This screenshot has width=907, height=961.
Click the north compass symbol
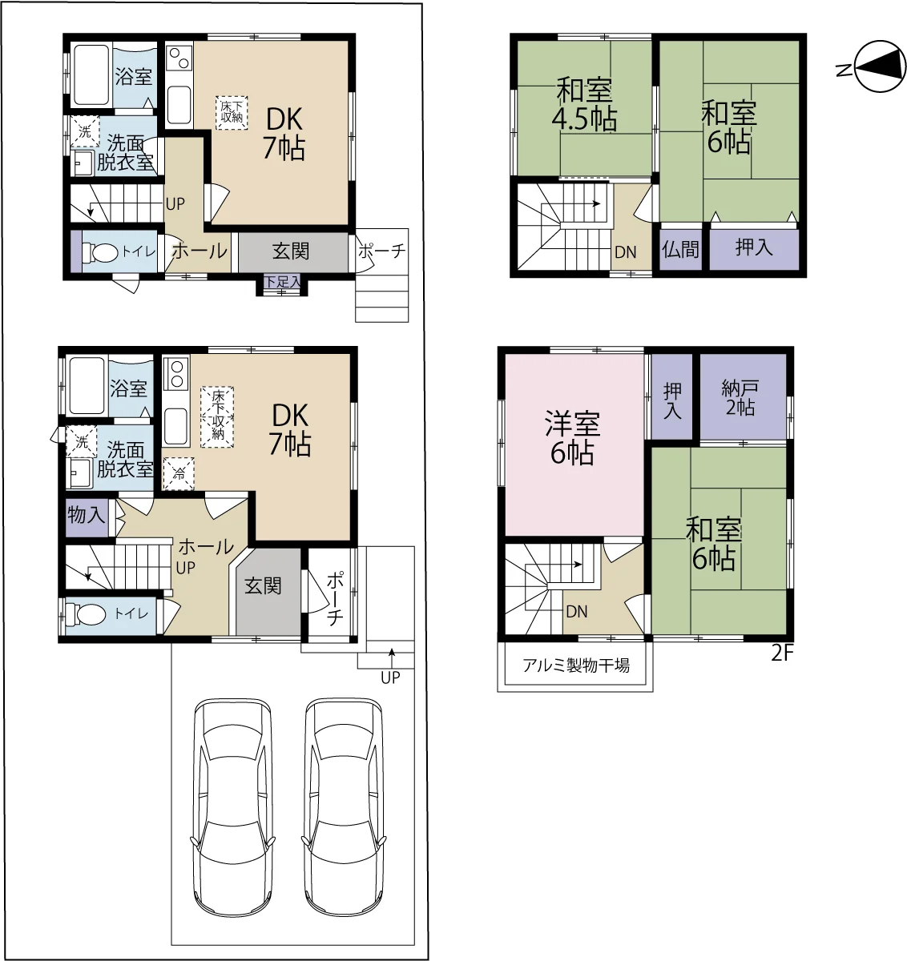881,66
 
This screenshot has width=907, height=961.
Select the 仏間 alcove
680,249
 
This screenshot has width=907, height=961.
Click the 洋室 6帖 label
572,437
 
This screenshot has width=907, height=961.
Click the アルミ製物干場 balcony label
576,665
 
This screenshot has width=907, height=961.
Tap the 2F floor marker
782,653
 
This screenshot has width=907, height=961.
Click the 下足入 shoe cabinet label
283,282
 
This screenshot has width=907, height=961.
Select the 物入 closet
87,517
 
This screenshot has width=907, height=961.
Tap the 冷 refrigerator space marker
179,474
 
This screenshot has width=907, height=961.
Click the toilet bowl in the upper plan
100,251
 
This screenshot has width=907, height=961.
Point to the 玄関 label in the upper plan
291,251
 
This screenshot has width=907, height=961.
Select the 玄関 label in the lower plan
263,586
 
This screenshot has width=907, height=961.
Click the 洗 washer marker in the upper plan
85,131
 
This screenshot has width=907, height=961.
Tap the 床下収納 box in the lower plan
217,416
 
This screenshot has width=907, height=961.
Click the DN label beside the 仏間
625,252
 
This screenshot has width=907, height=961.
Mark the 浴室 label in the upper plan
134,77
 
